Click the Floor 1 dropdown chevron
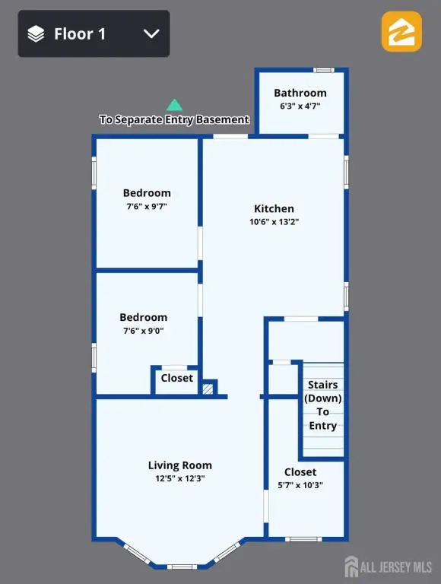coord(151,34)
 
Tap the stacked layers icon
coord(36,34)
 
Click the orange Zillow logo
coord(401,31)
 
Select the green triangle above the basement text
coord(174,105)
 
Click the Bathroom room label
coord(300,93)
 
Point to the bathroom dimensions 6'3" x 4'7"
coord(300,106)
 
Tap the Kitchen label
coord(274,208)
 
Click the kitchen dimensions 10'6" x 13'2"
coord(274,221)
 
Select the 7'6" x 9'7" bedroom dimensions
coord(147,206)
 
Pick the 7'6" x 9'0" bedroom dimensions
coord(144,330)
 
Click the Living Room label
coord(180,465)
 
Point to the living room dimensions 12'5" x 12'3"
coord(180,478)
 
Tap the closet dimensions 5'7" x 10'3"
coord(300,485)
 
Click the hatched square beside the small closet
coord(208,389)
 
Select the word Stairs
coord(323,384)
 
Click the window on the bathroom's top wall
coord(324,70)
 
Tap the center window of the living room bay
coord(182,567)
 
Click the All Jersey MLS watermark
coord(388,567)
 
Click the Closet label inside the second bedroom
coord(177,378)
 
